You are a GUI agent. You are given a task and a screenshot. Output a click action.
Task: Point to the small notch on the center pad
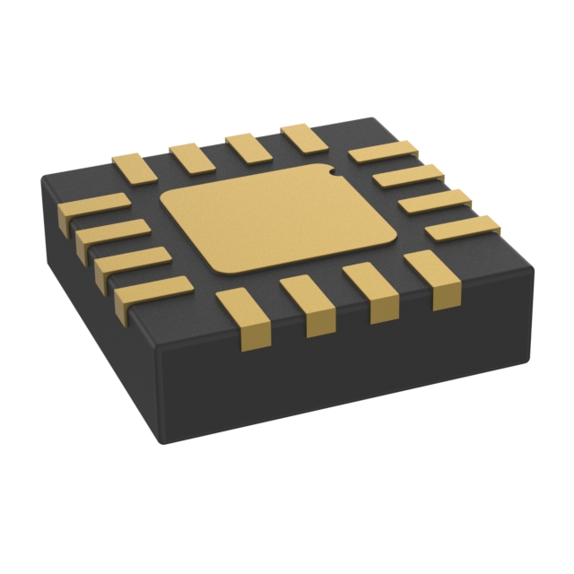click(x=329, y=168)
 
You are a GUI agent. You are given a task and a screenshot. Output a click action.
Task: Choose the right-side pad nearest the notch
click(x=383, y=152)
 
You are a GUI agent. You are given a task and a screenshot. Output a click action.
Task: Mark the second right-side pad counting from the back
click(x=408, y=176)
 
